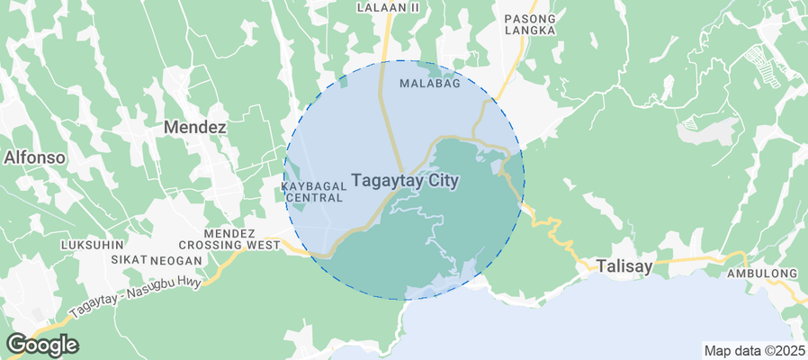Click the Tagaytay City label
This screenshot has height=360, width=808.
pos(405,181)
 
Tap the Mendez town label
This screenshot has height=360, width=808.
pos(194,128)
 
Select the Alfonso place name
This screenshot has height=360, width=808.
pos(34,157)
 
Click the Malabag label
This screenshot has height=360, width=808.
pos(429,84)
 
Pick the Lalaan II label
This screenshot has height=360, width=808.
pos(388,7)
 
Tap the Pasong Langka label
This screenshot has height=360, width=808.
pos(530,24)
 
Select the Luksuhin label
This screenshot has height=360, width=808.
pos(90,245)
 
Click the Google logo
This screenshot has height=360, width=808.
pos(41,345)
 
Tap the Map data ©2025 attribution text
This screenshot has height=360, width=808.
pos(752,351)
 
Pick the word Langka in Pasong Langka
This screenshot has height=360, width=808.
pos(530,31)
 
